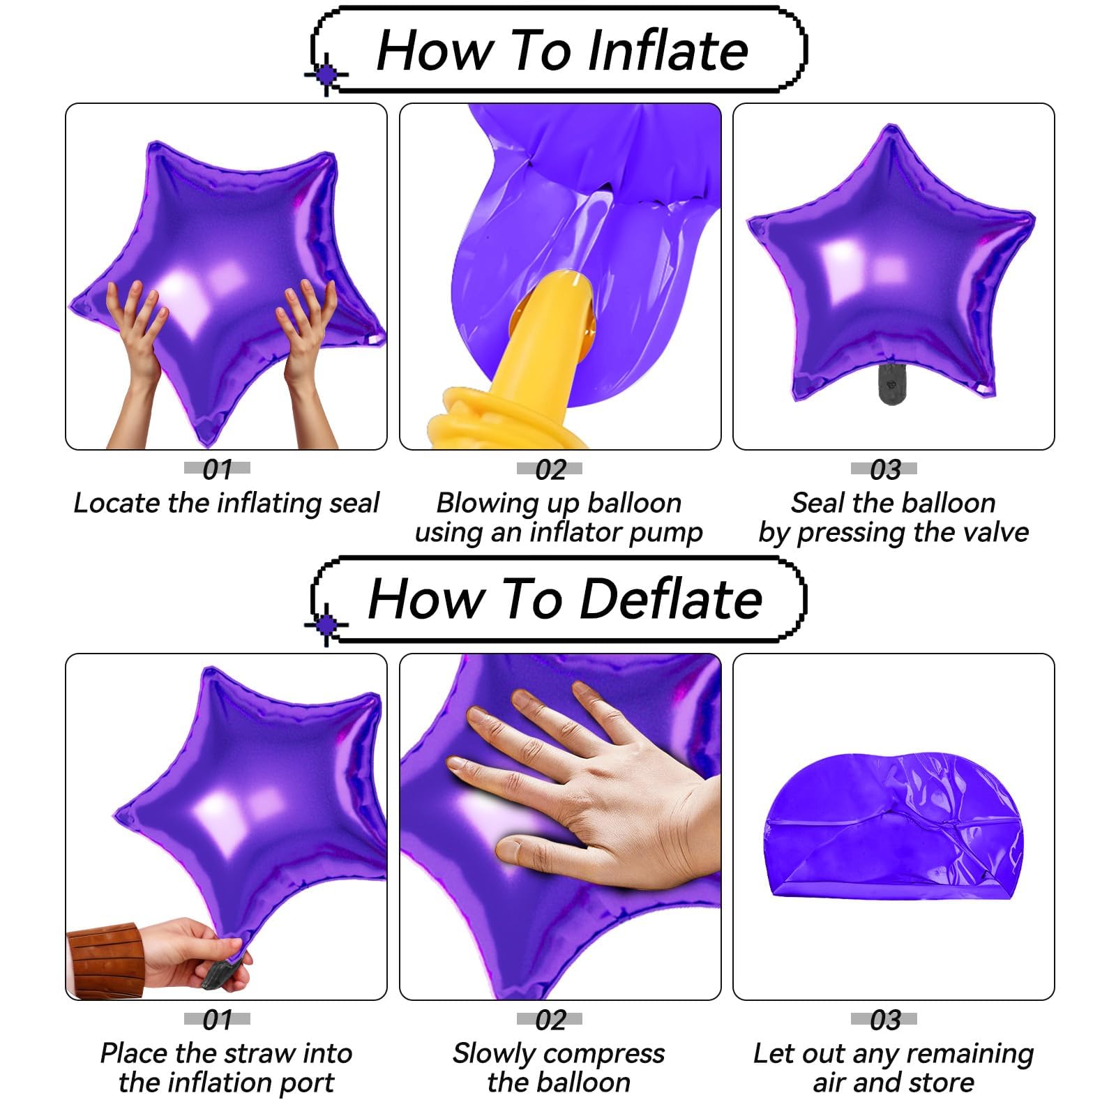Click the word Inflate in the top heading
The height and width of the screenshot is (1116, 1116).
[668, 50]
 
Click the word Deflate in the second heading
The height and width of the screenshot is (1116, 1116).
[671, 599]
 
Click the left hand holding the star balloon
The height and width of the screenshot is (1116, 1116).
[136, 349]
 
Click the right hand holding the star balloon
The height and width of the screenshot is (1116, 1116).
[307, 349]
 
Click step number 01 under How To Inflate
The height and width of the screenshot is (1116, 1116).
[217, 469]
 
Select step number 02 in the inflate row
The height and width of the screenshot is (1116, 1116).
[550, 469]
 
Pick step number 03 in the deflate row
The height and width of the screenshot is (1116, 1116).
[884, 1020]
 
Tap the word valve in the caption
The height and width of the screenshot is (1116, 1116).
[994, 532]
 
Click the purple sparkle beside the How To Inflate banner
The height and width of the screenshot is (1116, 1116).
[326, 74]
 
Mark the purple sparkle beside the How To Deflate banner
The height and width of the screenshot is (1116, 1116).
[326, 624]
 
